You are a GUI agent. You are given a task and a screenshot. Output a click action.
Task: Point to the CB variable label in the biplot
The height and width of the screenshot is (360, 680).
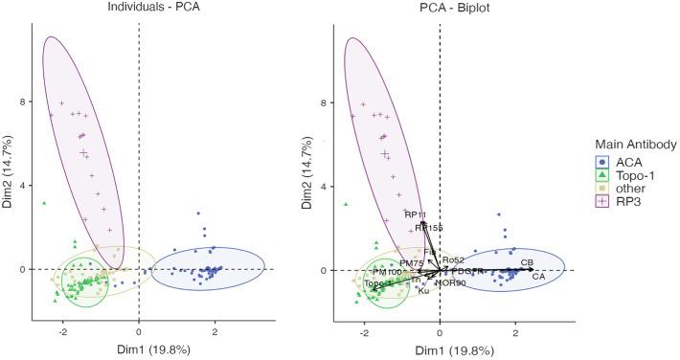[x=527, y=261]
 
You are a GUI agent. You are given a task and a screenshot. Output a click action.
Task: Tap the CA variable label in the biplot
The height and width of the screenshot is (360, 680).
[x=539, y=277]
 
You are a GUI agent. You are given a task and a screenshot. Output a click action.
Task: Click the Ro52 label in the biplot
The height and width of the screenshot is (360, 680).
[x=453, y=259]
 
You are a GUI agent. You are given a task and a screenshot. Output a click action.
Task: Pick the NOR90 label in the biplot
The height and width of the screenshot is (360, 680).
[x=450, y=283]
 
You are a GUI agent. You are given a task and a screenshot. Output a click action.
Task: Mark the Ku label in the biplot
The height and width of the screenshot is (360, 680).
[x=423, y=290]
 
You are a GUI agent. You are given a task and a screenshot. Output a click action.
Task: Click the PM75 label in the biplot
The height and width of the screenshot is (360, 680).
[x=411, y=261]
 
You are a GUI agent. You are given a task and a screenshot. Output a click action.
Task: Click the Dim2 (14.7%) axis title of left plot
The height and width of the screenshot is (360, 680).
[x=10, y=173]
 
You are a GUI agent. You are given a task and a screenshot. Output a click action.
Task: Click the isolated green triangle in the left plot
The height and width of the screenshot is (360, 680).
[x=44, y=203]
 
